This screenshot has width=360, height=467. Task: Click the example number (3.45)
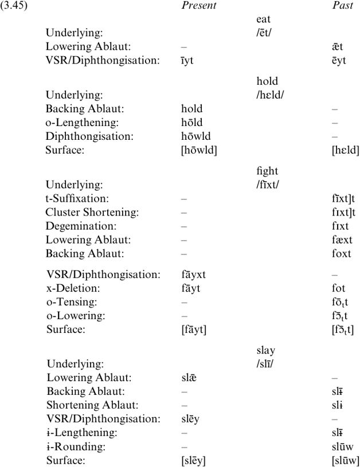[14, 7]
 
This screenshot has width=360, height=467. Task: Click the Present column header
[198, 7]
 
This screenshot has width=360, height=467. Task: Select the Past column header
[343, 7]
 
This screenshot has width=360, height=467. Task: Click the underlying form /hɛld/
[271, 95]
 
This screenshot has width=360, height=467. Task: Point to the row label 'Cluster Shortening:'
[88, 212]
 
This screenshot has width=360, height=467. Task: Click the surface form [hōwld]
[198, 150]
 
